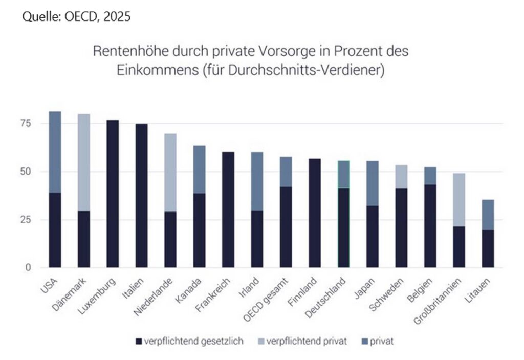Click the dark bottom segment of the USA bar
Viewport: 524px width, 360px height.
55,230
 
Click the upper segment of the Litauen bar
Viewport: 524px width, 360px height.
488,215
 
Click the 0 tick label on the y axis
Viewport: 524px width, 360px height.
30,267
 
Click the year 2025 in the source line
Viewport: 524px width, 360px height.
117,16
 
